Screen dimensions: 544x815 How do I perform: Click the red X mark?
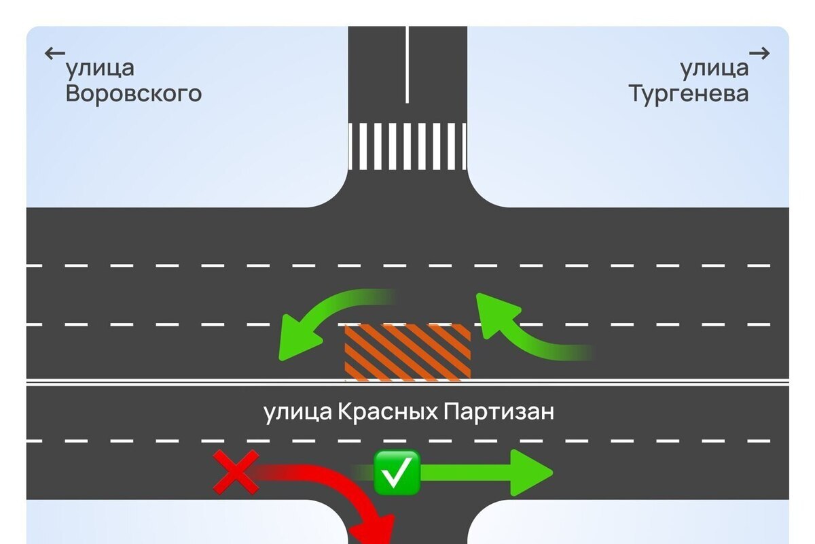(x=236, y=471)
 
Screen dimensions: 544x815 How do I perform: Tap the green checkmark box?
(x=397, y=471)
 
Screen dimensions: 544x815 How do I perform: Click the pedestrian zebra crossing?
(x=407, y=146)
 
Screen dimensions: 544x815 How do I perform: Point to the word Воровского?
(x=134, y=93)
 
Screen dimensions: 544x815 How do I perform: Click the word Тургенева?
(x=689, y=93)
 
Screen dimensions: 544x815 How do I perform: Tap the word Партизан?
(x=499, y=412)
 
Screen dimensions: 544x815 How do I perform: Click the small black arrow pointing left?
(x=54, y=53)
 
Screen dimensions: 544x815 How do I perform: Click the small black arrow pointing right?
(x=760, y=53)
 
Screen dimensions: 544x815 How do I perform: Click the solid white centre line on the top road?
(x=407, y=65)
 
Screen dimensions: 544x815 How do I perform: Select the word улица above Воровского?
(x=100, y=68)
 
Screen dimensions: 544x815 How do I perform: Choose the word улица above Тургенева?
(x=714, y=68)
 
